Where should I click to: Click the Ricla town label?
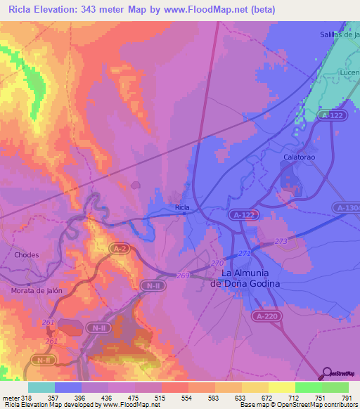(x=182, y=207)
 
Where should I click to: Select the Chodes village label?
(x=27, y=255)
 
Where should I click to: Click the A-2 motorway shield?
(x=117, y=248)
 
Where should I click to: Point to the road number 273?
(x=281, y=241)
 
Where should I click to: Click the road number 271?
(x=244, y=253)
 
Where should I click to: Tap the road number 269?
(x=183, y=275)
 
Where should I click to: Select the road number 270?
(x=217, y=264)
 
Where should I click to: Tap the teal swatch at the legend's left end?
(x=41, y=387)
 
